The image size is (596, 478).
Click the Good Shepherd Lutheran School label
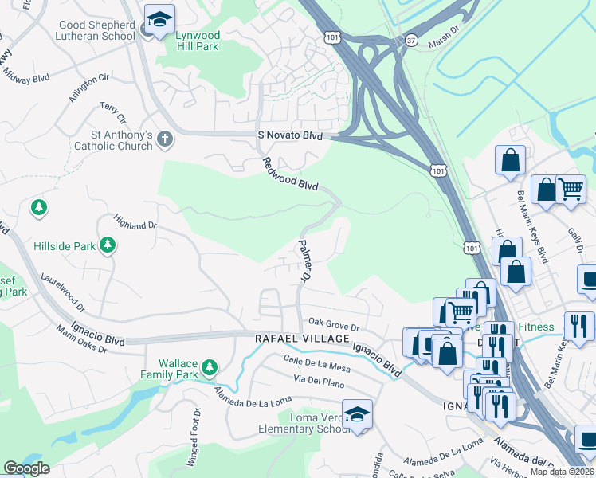tap(96, 30)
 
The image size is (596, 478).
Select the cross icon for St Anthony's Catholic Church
tap(165, 140)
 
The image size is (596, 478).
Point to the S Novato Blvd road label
tap(290, 136)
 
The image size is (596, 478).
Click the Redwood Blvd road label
tap(290, 174)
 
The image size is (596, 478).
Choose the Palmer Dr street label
tap(304, 262)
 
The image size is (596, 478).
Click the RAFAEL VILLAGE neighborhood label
tap(302, 339)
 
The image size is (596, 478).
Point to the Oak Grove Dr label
tap(335, 326)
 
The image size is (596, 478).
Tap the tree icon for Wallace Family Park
tap(210, 367)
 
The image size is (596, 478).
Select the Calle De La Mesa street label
tap(316, 364)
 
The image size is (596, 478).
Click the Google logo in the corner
tap(26, 468)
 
